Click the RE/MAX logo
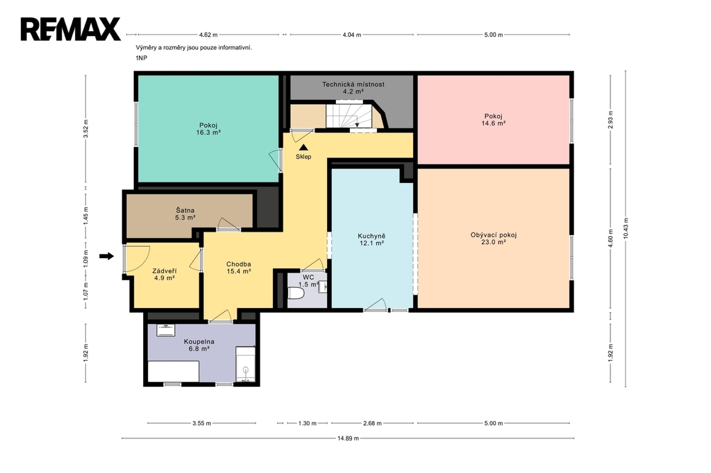pos(70,29)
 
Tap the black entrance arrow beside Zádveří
pos(106,257)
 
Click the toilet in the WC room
pos(296,293)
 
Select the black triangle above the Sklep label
pos(303,147)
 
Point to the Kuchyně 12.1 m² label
pos(371,239)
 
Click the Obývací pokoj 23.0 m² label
pos(494,239)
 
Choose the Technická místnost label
pos(353,85)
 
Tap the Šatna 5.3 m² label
pos(185,214)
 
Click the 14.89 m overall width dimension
pos(348,438)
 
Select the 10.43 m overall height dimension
pos(626,228)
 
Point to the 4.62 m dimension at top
pos(208,35)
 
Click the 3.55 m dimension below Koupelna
pos(201,423)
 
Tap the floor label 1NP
pos(142,58)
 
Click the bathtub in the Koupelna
pos(174,372)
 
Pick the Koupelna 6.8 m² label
pos(199,345)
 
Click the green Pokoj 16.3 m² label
pos(208,129)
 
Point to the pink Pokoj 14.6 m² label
pos(494,119)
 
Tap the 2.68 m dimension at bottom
pos(372,423)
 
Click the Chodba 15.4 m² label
pos(239,268)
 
